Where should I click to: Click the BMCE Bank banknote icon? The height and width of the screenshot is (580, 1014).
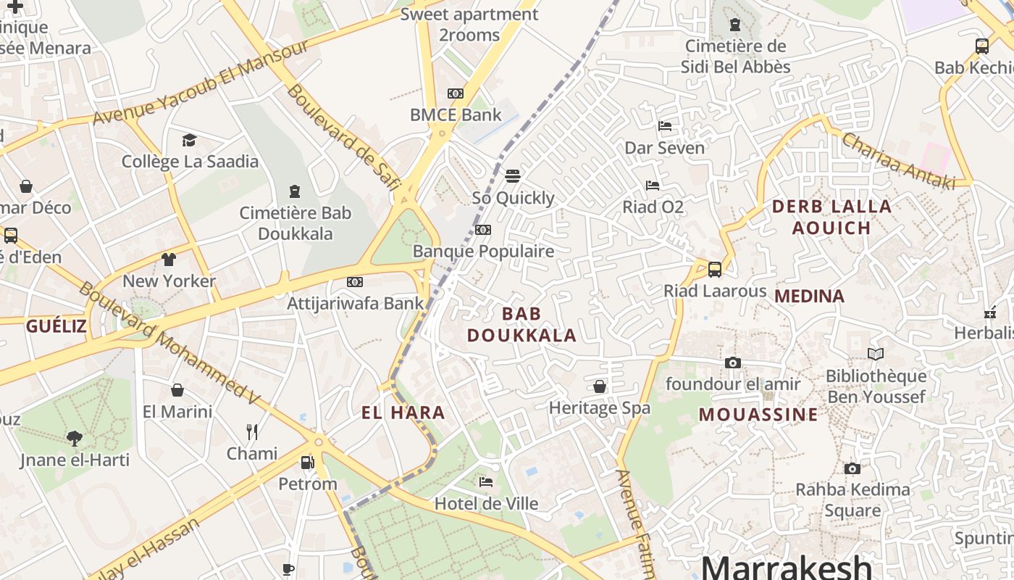455,94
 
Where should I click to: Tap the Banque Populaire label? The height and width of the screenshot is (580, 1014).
483,252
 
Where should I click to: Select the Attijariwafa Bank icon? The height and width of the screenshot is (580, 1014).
354,281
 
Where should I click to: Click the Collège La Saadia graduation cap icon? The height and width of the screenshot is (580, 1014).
189,140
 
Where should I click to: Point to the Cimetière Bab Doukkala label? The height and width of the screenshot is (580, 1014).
296,223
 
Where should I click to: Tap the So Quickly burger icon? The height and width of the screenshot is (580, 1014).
513,176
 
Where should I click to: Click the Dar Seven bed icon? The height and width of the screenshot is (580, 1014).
665,126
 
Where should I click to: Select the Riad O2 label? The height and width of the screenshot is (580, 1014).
653,207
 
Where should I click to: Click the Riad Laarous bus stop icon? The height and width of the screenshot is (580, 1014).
715,270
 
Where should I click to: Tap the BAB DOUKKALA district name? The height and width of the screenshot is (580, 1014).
521,324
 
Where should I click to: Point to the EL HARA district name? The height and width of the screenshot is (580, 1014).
403,413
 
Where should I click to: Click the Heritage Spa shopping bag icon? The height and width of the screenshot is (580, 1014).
600,386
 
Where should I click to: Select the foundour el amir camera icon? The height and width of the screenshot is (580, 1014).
733,362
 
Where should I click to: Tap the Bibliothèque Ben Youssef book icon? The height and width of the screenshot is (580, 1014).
876,354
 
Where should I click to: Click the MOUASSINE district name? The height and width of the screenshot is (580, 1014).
758,415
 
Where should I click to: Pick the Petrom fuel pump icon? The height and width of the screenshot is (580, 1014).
308,462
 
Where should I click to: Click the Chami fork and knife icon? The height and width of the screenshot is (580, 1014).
252,432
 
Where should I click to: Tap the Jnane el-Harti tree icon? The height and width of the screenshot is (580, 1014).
74,438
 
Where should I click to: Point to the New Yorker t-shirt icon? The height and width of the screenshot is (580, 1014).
169,260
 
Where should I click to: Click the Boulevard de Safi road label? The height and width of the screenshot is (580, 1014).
343,137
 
